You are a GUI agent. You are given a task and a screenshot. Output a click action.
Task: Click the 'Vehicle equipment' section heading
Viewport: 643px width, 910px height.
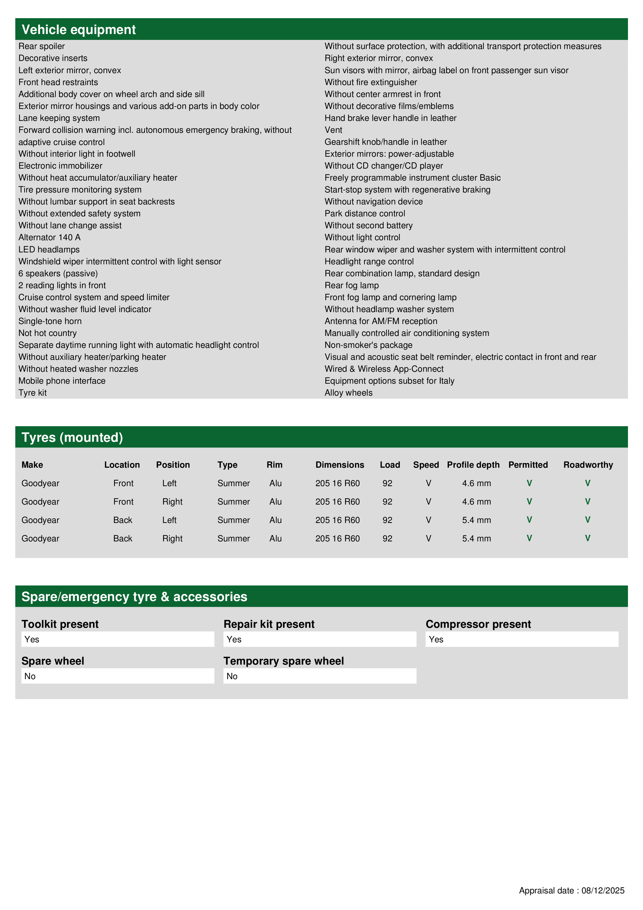coord(79,30)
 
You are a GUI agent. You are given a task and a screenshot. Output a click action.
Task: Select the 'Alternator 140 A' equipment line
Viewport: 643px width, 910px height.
coord(50,237)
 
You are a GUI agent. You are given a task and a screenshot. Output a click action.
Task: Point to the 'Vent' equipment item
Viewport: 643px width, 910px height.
coord(333,130)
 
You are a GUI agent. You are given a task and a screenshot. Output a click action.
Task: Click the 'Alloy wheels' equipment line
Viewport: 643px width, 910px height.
coord(348,393)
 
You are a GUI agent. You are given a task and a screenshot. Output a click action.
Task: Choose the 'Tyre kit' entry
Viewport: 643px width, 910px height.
coord(32,393)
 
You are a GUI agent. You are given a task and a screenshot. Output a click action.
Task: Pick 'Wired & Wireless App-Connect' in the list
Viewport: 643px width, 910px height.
coord(384,369)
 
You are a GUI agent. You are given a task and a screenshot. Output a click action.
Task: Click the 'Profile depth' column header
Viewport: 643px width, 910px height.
coord(473,465)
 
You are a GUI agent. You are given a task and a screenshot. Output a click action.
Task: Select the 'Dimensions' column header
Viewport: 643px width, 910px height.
coord(340,465)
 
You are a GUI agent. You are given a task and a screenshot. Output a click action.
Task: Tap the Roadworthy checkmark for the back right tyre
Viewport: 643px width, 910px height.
coord(588,538)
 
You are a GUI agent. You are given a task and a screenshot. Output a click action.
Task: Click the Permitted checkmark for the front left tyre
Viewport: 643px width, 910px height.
coord(529,483)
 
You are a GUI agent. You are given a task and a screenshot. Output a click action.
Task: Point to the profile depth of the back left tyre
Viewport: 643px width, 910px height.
coord(476,520)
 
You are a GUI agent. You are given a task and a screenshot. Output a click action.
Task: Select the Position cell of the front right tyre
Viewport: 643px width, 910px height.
coord(172,502)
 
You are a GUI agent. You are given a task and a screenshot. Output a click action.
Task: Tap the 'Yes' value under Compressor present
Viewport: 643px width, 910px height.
coord(436,639)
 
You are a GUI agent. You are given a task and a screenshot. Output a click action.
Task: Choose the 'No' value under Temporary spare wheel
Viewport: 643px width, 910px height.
coord(232,676)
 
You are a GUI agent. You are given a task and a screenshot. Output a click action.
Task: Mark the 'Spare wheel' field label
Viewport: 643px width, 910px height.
coord(53,661)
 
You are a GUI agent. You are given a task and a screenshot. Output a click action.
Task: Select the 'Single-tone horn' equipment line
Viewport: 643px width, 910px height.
coord(50,321)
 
